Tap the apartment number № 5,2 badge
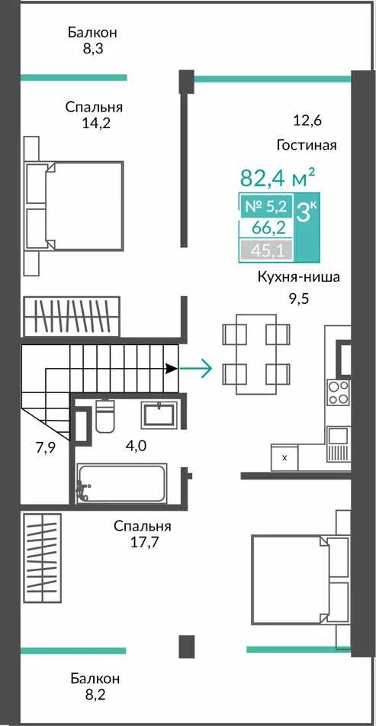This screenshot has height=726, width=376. pos(266,207)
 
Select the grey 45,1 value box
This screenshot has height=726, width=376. pos(266,250)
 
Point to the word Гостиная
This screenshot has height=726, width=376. pos(307,145)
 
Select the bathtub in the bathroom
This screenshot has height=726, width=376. pos(121,483)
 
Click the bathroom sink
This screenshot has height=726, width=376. pos(159,415)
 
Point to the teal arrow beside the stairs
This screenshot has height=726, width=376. pos(196,369)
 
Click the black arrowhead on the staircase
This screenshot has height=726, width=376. pos(172,369)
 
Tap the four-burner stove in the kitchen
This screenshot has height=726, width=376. pos(338,392)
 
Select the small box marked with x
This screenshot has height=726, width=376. pos(284,457)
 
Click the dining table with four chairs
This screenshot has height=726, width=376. pos(256,354)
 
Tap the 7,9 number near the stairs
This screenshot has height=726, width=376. pos(45,448)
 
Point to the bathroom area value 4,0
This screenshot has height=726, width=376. pos(137,447)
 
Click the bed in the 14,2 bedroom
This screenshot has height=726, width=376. pos(73,207)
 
